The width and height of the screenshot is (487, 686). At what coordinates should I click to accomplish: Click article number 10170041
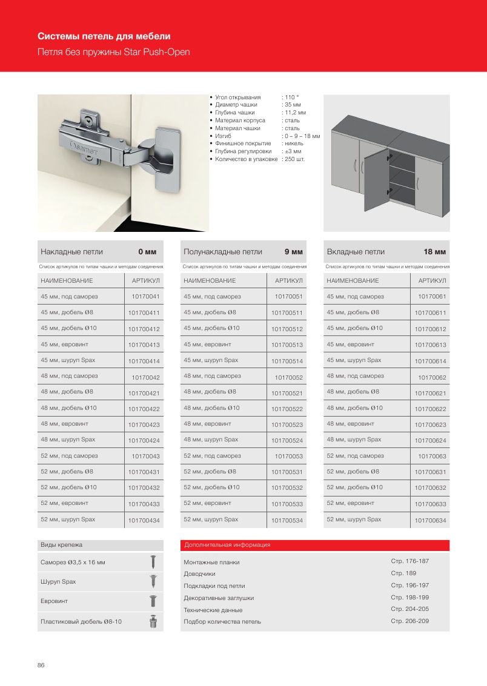[x=145, y=297]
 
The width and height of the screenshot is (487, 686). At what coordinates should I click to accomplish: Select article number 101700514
[x=287, y=361]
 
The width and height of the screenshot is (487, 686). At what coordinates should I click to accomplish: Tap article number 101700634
[x=430, y=521]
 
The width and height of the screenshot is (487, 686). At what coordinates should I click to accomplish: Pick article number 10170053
[x=288, y=456]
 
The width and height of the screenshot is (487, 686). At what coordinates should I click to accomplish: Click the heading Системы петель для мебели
[x=104, y=36]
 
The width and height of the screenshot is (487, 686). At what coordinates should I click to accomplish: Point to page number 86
[x=41, y=665]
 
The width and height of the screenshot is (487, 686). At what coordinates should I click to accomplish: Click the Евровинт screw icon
[x=153, y=601]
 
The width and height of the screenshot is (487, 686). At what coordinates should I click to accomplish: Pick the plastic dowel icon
[x=153, y=621]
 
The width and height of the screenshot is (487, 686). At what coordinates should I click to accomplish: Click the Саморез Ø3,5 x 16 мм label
[x=73, y=562]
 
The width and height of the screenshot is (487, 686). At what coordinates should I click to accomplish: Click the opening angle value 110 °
[x=291, y=97]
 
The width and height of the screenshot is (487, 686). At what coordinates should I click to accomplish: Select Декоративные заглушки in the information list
[x=219, y=598]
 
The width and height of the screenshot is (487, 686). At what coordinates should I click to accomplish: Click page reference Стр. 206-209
[x=410, y=621]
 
